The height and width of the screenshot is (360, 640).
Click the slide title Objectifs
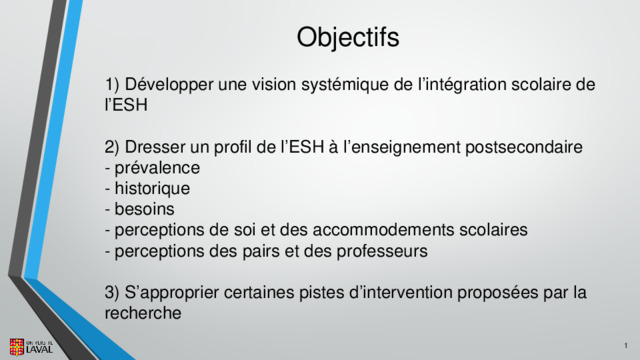tap(348, 37)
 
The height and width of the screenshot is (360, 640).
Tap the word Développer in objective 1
tap(169, 85)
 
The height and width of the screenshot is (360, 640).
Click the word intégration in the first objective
tap(465, 84)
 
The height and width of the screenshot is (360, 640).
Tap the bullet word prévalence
tap(157, 168)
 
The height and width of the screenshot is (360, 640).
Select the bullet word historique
tap(152, 189)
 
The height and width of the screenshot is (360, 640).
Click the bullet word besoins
tap(144, 209)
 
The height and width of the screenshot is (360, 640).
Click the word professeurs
tap(382, 251)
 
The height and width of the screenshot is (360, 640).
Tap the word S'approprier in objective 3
tap(172, 293)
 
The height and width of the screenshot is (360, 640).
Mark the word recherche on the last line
tap(143, 313)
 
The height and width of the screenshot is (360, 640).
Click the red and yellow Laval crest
tap(17, 347)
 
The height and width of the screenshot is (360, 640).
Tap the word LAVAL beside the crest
tap(40, 349)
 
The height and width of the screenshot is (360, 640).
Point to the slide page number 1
tap(626, 346)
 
